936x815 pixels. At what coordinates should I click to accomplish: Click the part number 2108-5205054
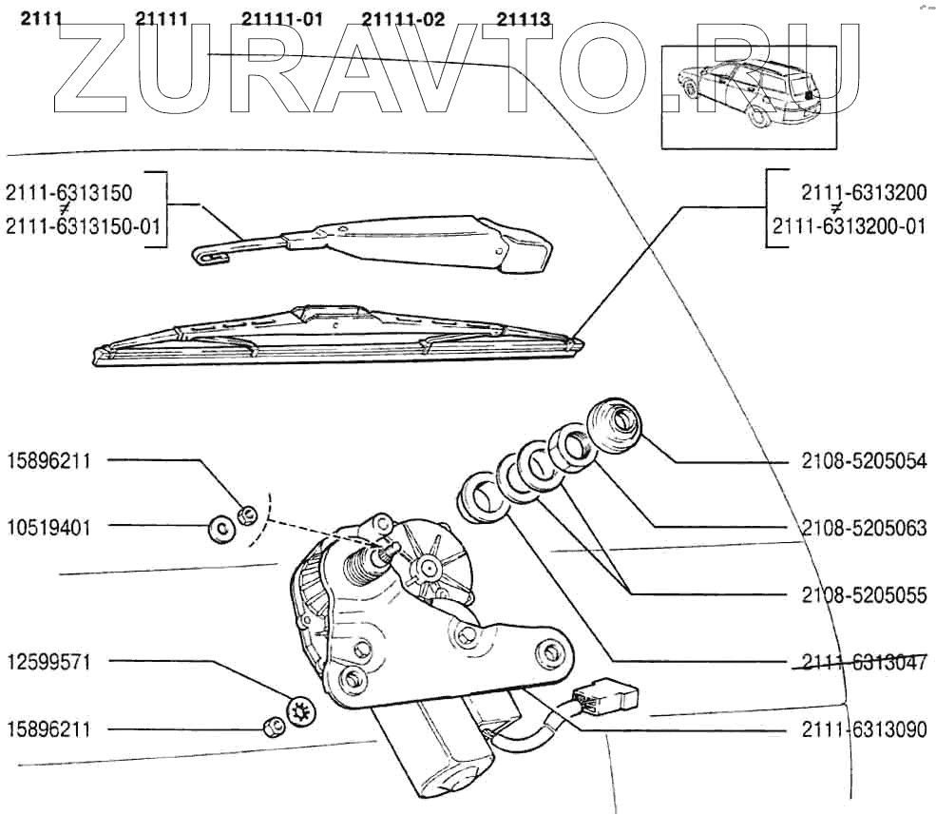(x=864, y=462)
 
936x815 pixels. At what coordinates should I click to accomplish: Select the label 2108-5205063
(x=864, y=528)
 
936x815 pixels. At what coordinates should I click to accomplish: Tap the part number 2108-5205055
(x=864, y=595)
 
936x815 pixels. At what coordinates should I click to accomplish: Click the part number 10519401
(x=49, y=526)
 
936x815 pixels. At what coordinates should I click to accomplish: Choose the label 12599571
(x=49, y=661)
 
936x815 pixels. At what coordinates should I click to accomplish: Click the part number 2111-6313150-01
(x=84, y=225)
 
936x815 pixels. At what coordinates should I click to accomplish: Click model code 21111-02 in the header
(x=403, y=18)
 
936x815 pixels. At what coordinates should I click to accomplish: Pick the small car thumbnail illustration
(x=752, y=97)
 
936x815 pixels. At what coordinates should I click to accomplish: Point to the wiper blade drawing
(x=337, y=339)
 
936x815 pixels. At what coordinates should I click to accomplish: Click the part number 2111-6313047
(x=864, y=663)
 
